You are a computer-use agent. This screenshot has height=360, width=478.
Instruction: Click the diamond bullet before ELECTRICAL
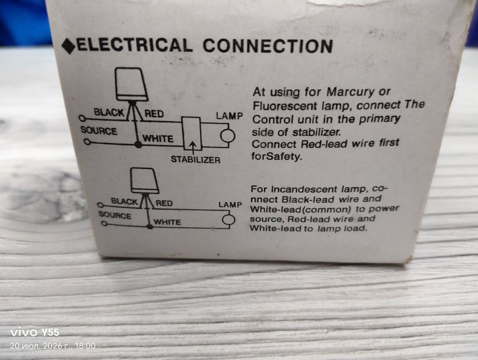coord(68,46)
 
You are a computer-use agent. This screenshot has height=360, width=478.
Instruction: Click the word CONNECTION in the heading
coord(268,46)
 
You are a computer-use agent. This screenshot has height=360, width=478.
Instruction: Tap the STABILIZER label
coord(195,159)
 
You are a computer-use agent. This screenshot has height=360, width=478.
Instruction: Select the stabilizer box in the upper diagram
coord(192,133)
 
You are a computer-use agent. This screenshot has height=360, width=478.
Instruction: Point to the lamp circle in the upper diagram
coord(227,136)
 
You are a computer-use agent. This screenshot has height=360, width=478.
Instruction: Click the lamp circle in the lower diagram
coord(228,220)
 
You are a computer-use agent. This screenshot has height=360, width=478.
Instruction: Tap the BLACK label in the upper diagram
coord(109,112)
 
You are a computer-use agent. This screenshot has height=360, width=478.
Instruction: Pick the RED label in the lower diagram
coord(164,203)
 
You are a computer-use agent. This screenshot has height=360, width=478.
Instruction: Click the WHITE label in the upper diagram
coord(158,139)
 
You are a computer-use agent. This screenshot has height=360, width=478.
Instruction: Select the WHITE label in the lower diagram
coord(167,222)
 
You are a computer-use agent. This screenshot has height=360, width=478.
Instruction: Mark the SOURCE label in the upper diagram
coord(99,131)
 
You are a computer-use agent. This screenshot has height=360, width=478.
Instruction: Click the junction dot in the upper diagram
coord(138,145)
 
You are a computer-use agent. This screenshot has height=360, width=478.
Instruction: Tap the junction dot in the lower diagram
coord(150,226)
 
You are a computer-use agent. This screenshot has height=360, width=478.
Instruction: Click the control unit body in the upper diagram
coord(132,84)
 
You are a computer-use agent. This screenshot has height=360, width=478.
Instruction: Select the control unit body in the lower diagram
coord(144,181)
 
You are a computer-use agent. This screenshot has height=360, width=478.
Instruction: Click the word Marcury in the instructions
coord(350,92)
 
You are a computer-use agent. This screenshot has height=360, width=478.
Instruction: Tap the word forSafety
coord(277,156)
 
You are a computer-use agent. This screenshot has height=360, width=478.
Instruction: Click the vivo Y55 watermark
coord(35,332)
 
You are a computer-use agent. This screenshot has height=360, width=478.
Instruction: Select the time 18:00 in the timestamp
coord(85,346)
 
